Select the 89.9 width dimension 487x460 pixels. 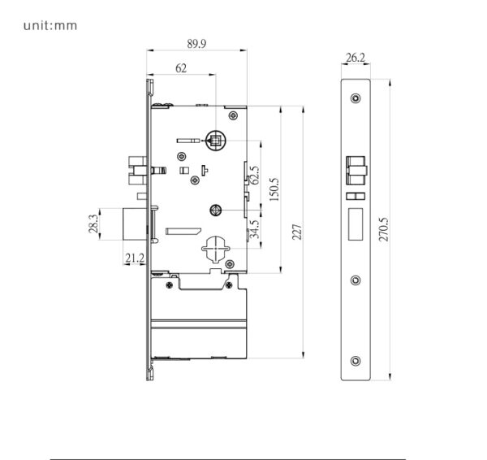pos(196,43)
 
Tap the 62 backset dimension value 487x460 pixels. pos(180,69)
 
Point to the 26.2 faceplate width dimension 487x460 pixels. pos(355,58)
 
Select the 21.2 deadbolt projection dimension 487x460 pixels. pos(134,258)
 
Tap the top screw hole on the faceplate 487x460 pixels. pos(355,98)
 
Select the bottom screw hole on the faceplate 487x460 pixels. pos(355,361)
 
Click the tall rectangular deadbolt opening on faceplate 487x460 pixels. pos(355,223)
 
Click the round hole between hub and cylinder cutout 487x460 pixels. pos(215,211)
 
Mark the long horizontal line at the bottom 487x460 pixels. pos(227,458)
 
